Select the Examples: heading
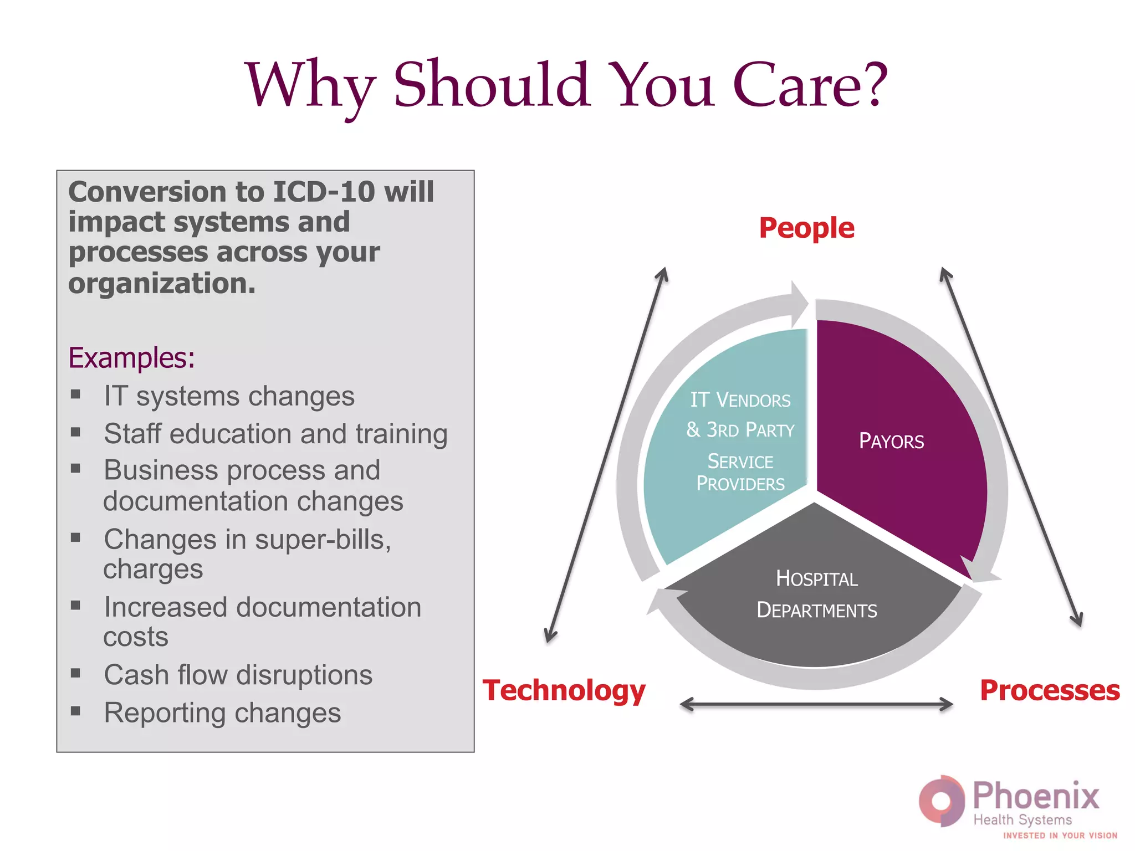pyautogui.click(x=131, y=358)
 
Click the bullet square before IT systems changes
pyautogui.click(x=76, y=394)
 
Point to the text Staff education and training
pyautogui.click(x=275, y=434)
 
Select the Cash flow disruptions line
pyautogui.click(x=238, y=675)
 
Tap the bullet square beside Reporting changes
pyautogui.click(x=76, y=711)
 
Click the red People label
pyautogui.click(x=806, y=228)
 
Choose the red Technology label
pyautogui.click(x=564, y=690)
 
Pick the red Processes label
pyautogui.click(x=1050, y=690)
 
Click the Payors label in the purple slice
pyautogui.click(x=891, y=442)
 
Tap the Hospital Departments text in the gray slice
pyautogui.click(x=816, y=594)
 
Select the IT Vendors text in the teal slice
pyautogui.click(x=740, y=400)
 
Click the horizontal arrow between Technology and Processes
pyautogui.click(x=816, y=705)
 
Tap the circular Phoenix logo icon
pyautogui.click(x=941, y=801)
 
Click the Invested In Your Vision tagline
pyautogui.click(x=1060, y=835)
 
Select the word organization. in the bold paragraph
pyautogui.click(x=162, y=284)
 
